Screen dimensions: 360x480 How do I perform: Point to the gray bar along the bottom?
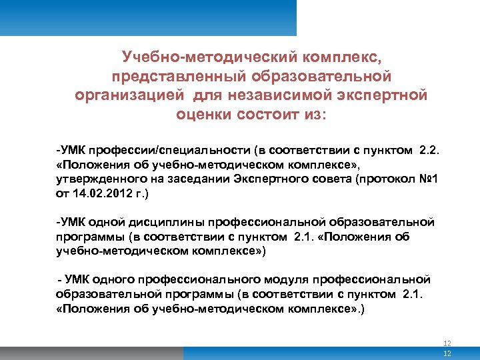click(200, 353)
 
